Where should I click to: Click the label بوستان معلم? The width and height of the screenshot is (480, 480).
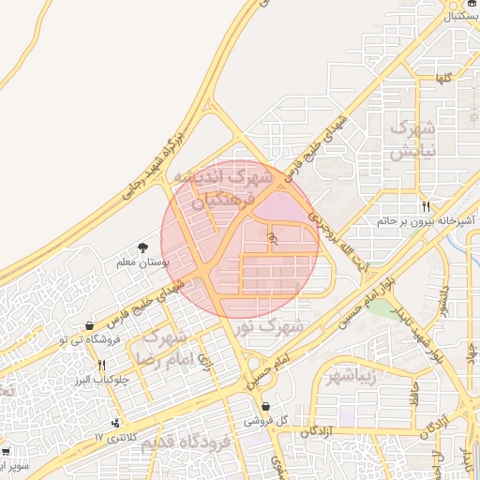click(141, 263)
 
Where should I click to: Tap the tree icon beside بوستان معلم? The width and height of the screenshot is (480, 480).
click(142, 247)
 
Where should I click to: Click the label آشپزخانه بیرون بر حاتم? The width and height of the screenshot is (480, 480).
click(427, 221)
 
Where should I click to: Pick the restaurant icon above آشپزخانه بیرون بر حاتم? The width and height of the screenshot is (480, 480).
click(427, 206)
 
